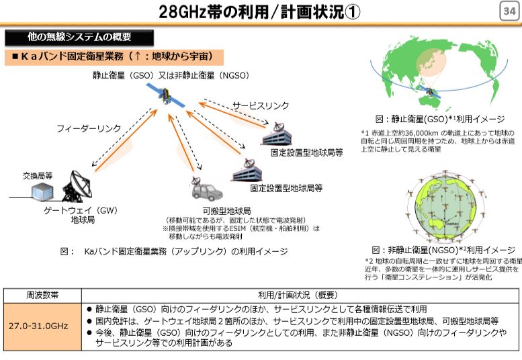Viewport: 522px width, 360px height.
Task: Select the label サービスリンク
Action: [261, 106]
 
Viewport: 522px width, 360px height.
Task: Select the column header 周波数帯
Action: [42, 295]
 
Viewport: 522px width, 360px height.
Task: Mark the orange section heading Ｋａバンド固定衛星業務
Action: [112, 56]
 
